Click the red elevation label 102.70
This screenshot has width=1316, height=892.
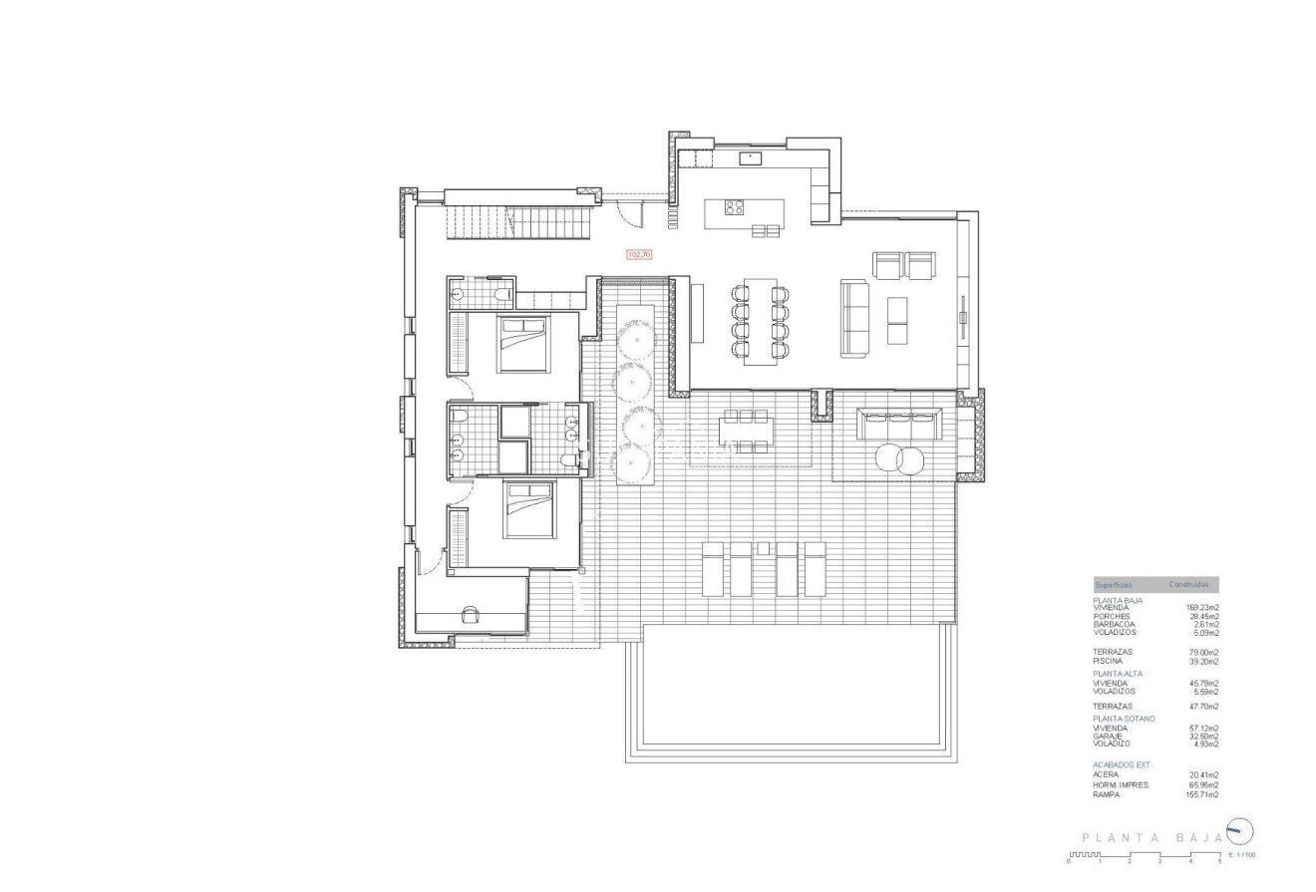638,255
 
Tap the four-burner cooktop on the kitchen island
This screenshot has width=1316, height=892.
734,208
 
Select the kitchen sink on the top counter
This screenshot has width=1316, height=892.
747,157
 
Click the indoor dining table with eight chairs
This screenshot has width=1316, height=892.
761,321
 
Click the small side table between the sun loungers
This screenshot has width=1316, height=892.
765,547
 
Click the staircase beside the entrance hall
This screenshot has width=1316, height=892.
517,221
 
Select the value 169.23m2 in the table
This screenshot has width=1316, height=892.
1201,608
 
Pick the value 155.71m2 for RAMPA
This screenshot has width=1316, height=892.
1201,794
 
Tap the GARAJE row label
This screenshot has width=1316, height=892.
1109,736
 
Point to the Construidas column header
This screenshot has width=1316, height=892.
1188,585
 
